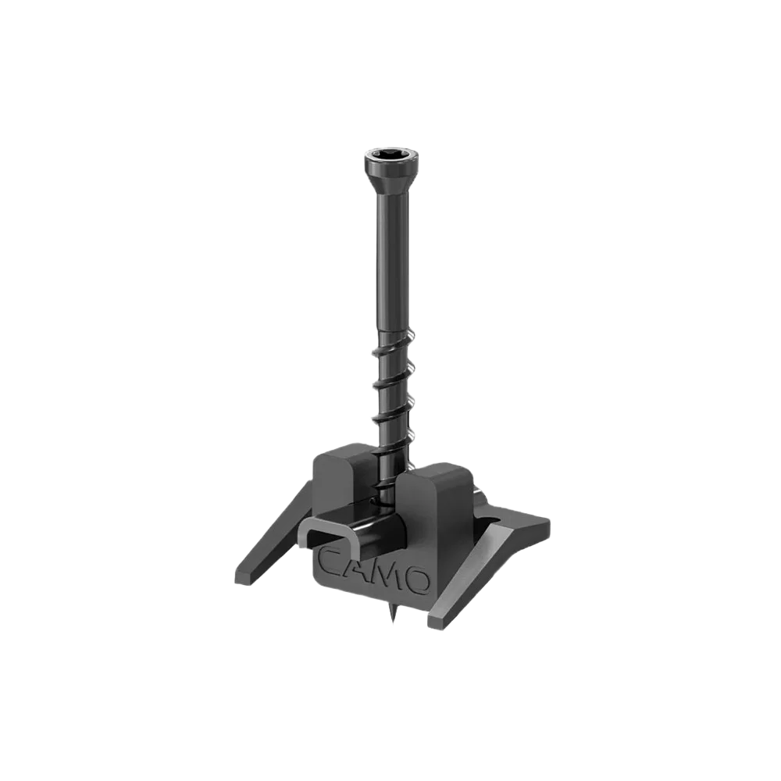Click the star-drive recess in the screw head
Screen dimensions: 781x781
coord(391,153)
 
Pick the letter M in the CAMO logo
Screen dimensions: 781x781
coord(389,572)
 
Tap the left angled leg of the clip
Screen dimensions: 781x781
coord(273,536)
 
